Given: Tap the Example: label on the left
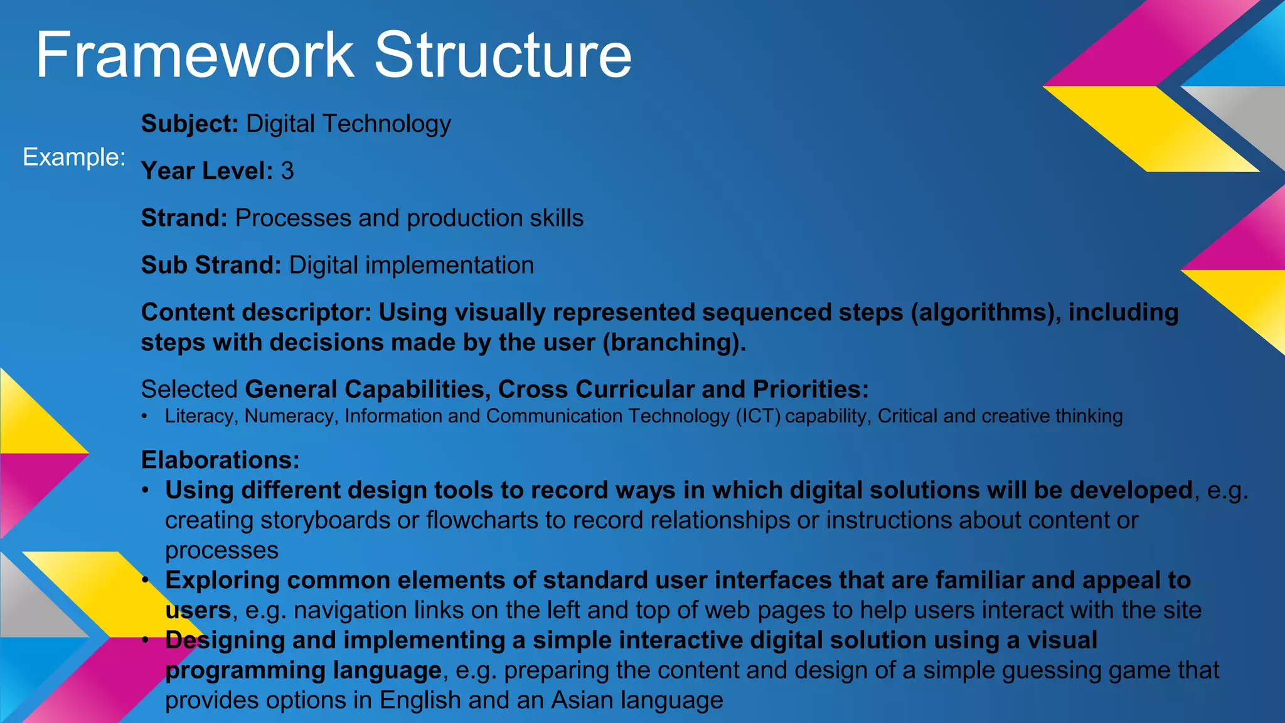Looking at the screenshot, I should point(74,157).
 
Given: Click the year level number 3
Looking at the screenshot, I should point(287,171).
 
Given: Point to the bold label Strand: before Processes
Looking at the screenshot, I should point(184,218).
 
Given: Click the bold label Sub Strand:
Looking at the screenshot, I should point(211,265).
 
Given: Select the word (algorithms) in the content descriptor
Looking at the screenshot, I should point(983,312).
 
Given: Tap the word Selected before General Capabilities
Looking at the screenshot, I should point(189,389).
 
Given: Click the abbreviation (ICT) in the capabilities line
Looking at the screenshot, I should point(758,416).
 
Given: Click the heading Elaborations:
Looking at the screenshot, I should point(220,460).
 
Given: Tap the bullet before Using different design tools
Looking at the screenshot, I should point(145,490).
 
